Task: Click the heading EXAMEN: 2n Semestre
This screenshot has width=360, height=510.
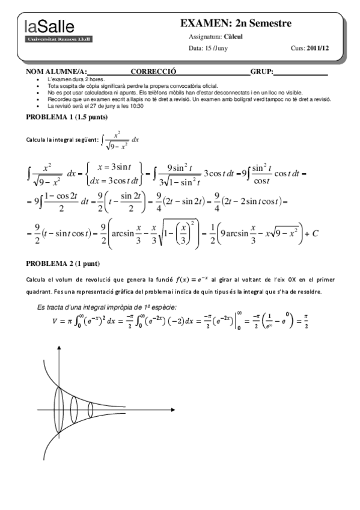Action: [236, 23]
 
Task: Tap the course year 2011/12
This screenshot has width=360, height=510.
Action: [318, 49]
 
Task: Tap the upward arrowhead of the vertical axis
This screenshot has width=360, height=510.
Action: [58, 348]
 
